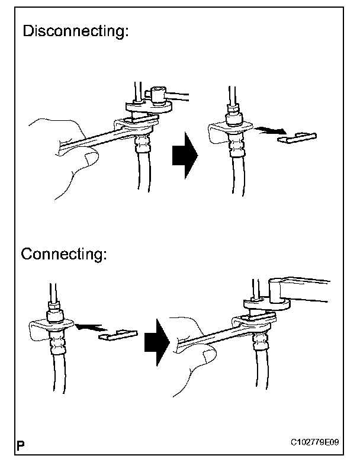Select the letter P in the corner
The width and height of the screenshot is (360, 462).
tap(21, 444)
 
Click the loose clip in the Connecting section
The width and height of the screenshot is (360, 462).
tap(118, 335)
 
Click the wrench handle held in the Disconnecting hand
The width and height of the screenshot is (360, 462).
tap(89, 140)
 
